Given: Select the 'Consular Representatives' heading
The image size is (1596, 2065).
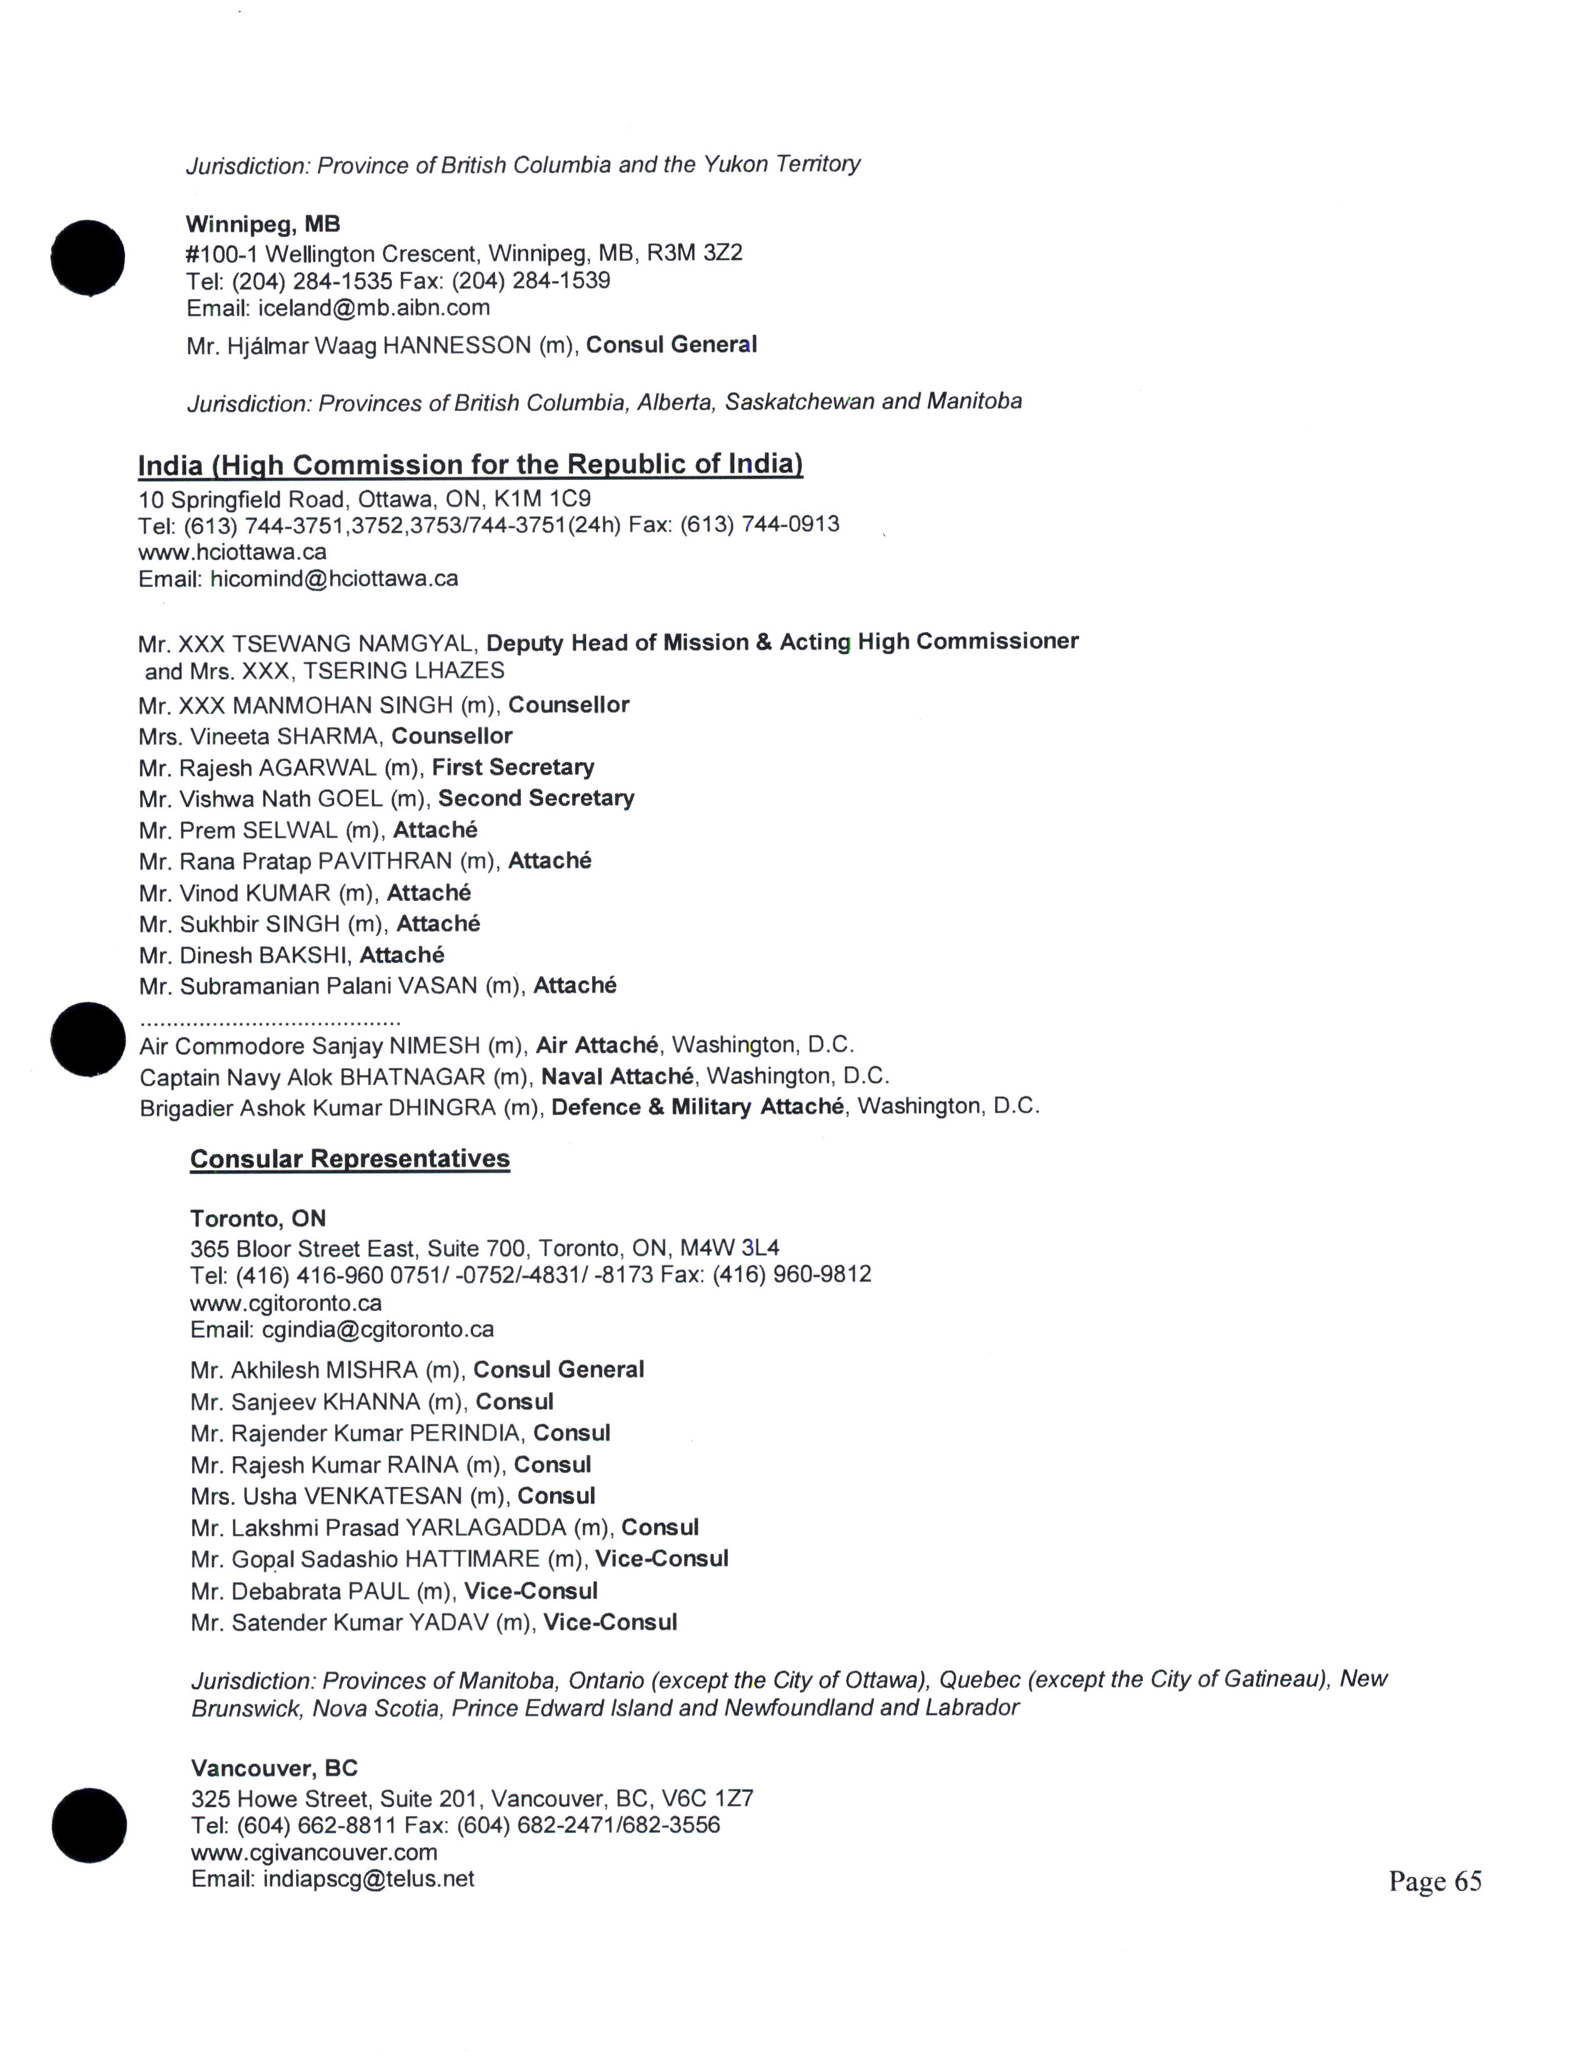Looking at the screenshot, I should (350, 1158).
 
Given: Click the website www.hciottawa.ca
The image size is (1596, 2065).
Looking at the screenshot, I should (233, 551).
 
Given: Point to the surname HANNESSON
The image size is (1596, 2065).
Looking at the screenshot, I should (457, 346).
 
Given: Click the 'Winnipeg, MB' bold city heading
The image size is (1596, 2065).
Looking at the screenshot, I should (263, 224).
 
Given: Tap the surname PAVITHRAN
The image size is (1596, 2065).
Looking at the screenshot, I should (385, 862).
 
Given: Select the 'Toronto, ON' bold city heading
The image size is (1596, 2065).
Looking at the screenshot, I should (258, 1219).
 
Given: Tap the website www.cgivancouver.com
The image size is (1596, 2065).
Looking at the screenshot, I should (314, 1852).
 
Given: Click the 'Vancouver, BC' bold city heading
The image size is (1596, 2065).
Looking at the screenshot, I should (274, 1768).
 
